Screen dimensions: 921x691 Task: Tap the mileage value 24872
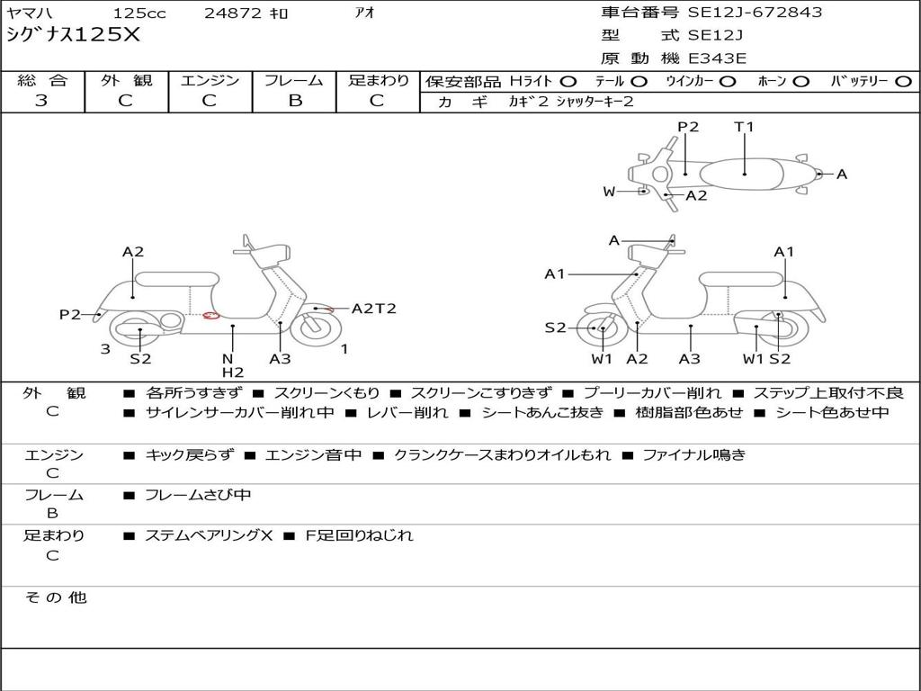click(233, 13)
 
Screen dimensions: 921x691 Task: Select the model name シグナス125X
click(74, 35)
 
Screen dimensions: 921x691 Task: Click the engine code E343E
click(717, 58)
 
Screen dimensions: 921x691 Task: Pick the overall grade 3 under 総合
click(41, 101)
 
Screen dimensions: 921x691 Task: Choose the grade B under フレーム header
click(294, 101)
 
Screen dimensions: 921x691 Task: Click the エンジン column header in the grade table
click(210, 81)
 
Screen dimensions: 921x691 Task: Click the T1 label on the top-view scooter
click(744, 127)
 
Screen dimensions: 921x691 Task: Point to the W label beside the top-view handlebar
click(609, 191)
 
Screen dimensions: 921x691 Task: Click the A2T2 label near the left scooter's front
click(373, 309)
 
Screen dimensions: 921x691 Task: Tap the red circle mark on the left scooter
click(211, 315)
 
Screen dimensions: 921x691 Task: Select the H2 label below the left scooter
click(232, 372)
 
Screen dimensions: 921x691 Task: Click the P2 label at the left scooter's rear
click(69, 314)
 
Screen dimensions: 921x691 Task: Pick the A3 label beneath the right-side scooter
click(690, 359)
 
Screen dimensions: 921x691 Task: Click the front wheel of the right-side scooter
click(601, 329)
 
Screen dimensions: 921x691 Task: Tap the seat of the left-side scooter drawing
click(175, 279)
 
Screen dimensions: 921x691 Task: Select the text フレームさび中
click(198, 495)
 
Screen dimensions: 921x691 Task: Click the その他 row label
click(55, 597)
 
